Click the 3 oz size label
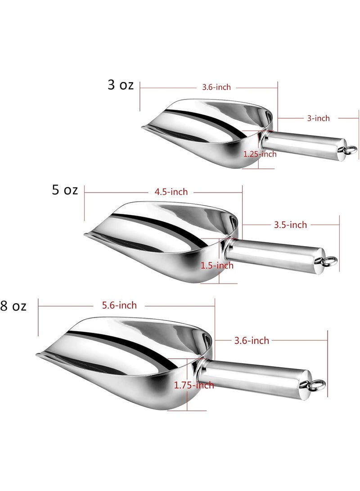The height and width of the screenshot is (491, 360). pos(121,85)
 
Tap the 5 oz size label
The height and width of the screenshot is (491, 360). pos(65,190)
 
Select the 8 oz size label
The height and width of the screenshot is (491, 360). pos(13,307)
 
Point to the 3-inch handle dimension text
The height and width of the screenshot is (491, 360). pos(318,118)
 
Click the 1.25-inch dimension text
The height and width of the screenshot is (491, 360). pos(260,154)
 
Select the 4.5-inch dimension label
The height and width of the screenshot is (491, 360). pos(171,192)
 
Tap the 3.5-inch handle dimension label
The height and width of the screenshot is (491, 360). pos(290,225)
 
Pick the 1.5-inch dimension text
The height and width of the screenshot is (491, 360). pos(217,266)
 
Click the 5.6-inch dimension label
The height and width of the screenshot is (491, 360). pos(120,306)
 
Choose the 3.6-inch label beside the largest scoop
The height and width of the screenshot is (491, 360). pos(252,341)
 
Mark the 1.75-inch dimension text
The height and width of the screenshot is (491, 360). pos(194,385)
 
